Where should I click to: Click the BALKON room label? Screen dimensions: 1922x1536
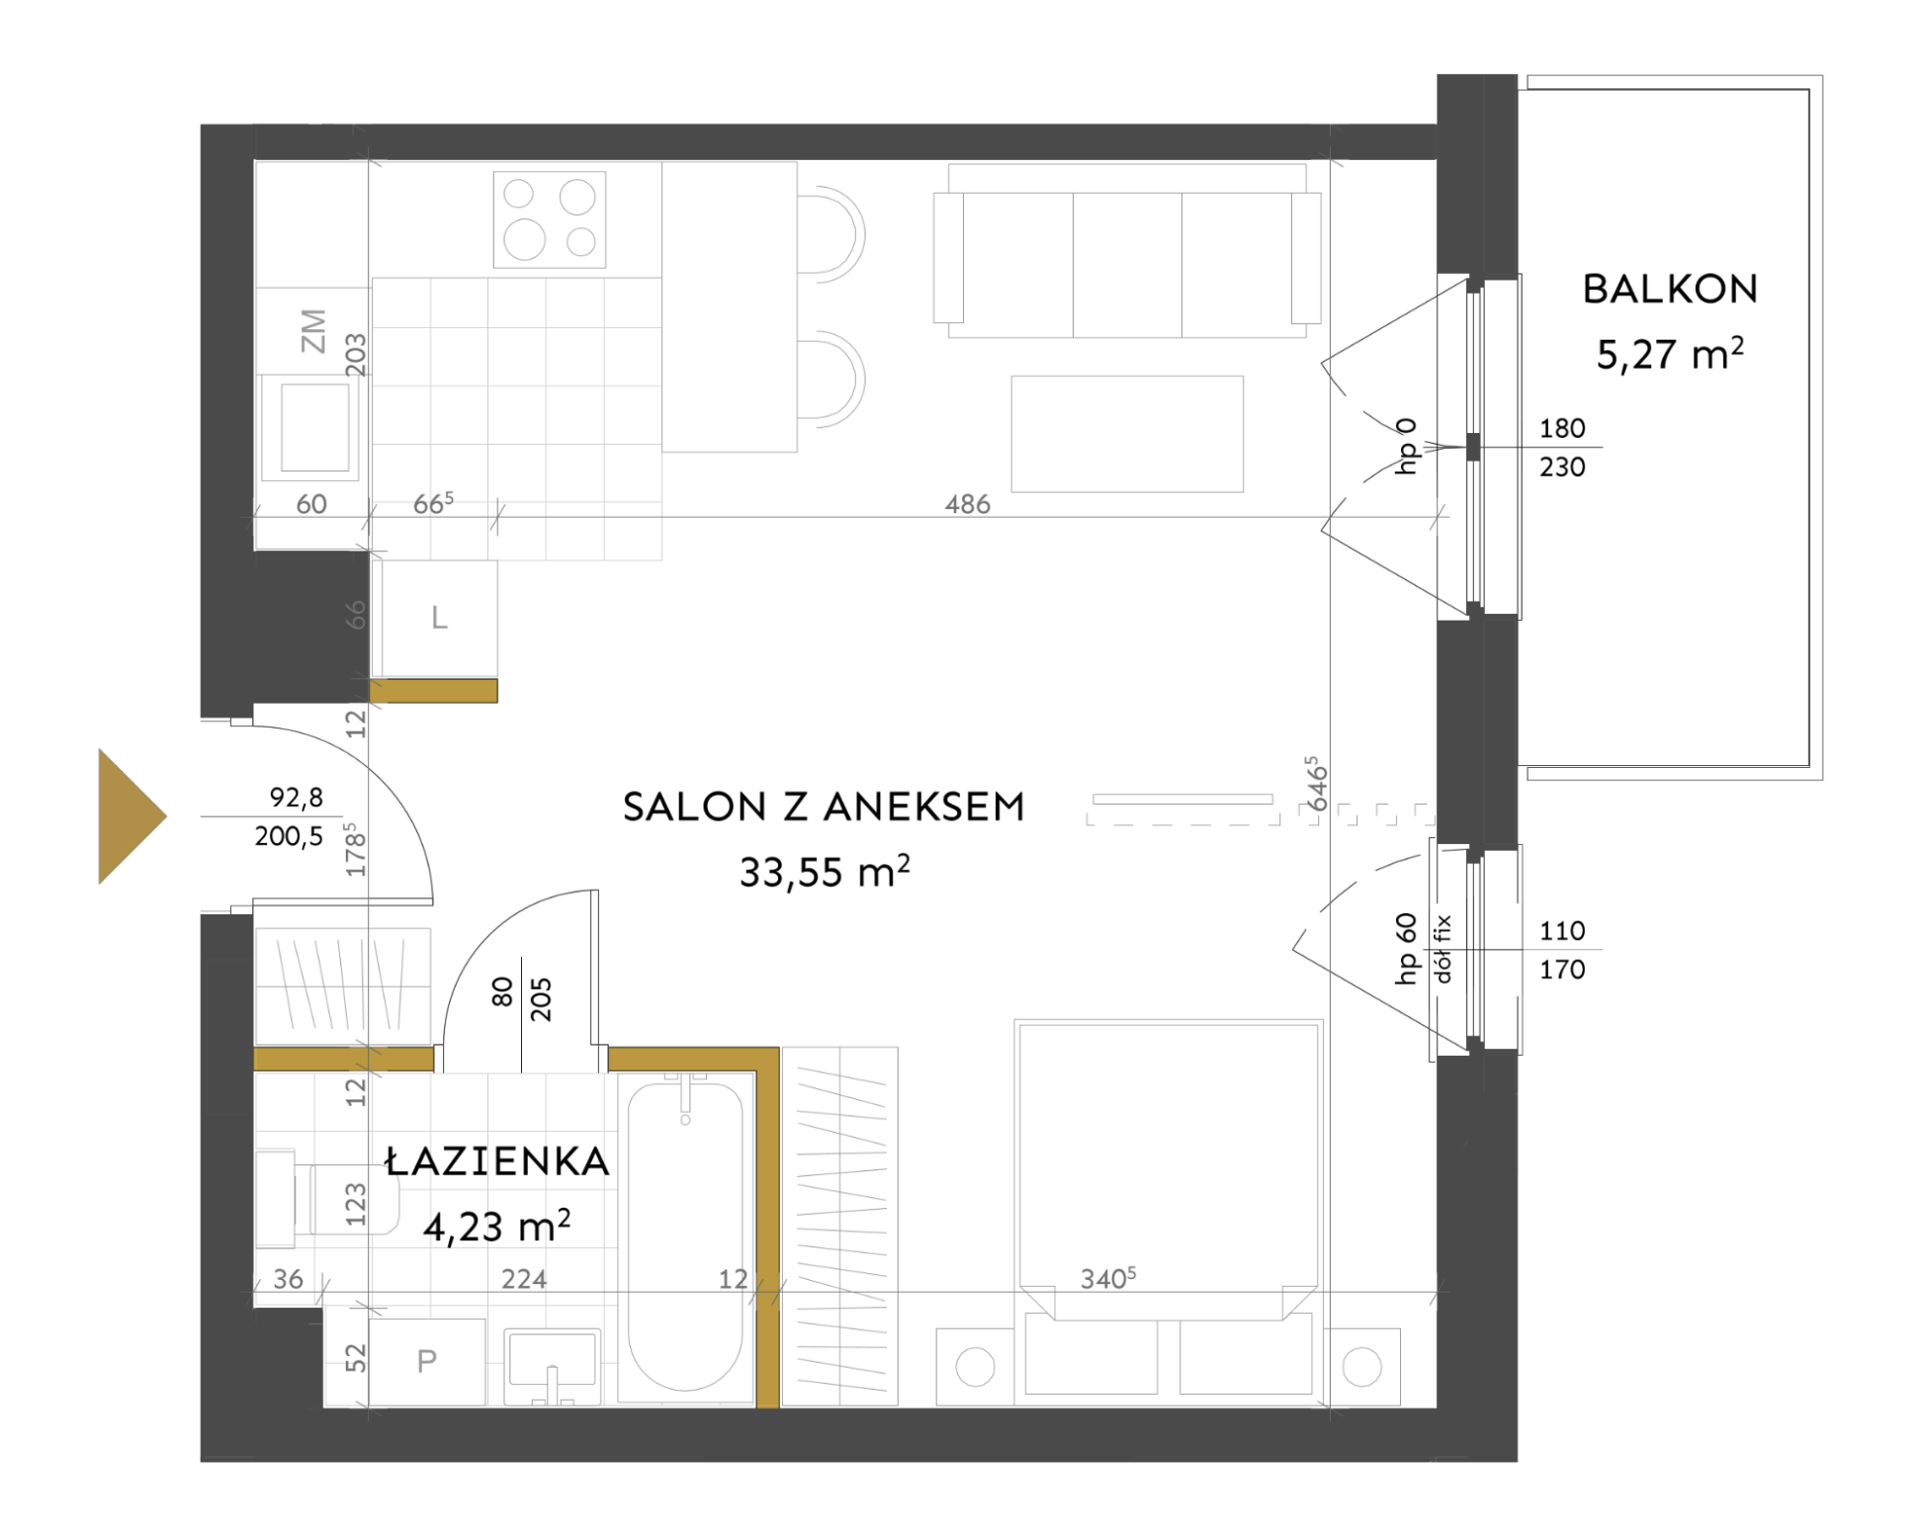tap(1670, 289)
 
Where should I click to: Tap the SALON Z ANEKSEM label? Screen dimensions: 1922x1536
tap(824, 808)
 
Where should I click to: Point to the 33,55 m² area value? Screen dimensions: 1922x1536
tap(825, 871)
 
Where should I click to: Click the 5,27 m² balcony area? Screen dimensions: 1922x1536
tap(1670, 353)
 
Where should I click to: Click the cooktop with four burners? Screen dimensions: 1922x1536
tap(550, 219)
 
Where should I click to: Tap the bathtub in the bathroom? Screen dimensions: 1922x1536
tap(685, 1237)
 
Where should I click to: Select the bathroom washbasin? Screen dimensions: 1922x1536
tap(553, 1366)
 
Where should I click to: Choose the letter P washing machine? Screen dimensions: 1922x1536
tap(427, 1361)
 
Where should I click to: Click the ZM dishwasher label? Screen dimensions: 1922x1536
tap(312, 331)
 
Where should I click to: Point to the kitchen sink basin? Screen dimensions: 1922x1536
tap(314, 427)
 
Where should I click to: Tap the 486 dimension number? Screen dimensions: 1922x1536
tap(967, 504)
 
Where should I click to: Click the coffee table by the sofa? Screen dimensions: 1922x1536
tap(1127, 433)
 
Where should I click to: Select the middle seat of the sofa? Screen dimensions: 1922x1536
tap(1127, 265)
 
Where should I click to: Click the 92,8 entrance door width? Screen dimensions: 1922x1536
tap(296, 797)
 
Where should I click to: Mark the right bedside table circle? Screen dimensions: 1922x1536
tap(1362, 1367)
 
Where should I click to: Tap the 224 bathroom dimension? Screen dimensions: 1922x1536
tap(524, 1279)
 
